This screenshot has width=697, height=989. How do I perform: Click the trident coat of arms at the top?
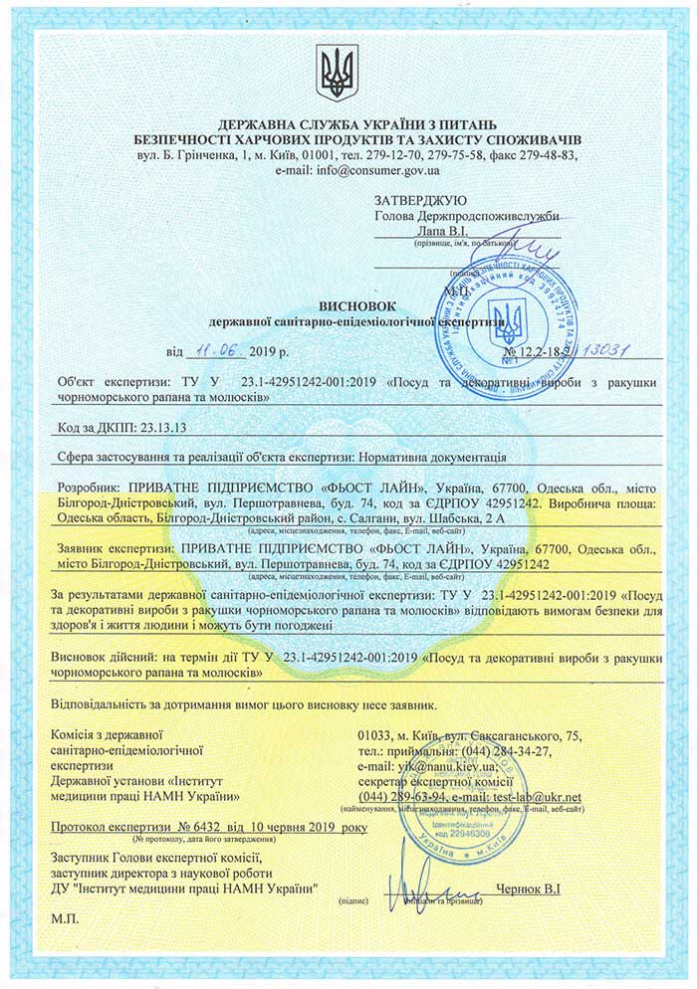[336, 72]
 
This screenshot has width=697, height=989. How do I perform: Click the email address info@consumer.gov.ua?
[385, 170]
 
